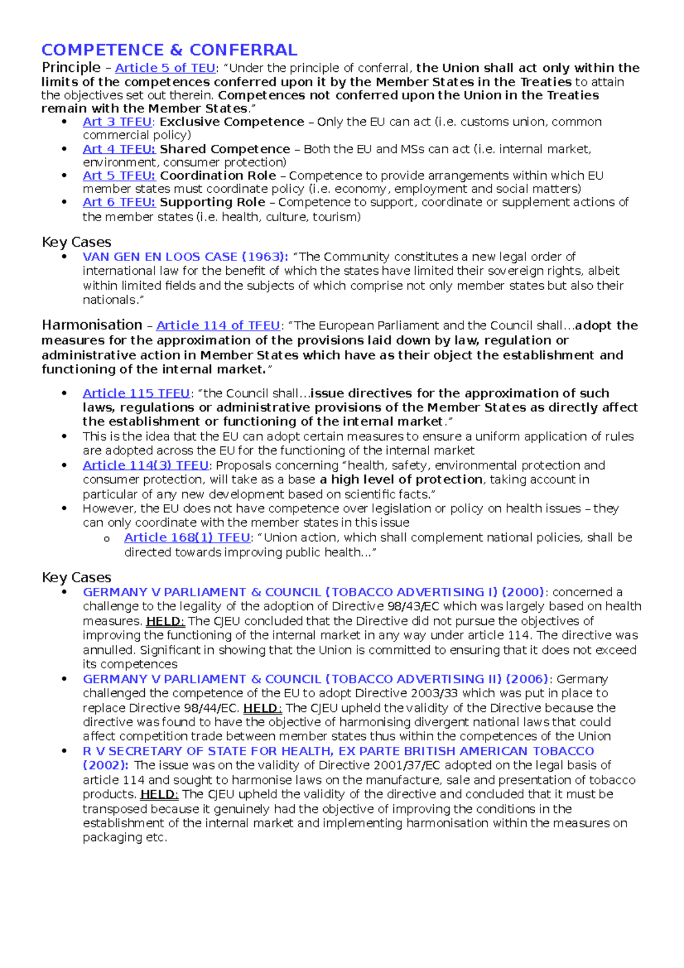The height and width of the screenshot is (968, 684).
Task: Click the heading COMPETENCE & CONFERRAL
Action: (169, 50)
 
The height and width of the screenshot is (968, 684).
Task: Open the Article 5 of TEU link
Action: (165, 68)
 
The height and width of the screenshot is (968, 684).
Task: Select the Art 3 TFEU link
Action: (117, 122)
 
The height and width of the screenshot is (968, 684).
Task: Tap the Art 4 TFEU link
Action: (119, 149)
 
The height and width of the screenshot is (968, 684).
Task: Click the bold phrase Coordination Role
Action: (218, 176)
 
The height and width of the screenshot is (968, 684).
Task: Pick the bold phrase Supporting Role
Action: (212, 202)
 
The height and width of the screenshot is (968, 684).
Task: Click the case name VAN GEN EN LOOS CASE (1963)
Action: (185, 257)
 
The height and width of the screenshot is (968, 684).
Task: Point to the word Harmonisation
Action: (92, 325)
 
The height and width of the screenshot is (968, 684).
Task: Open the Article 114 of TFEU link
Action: (218, 326)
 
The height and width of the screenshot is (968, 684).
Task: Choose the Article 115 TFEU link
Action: (136, 393)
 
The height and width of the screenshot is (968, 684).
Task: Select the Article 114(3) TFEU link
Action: (145, 465)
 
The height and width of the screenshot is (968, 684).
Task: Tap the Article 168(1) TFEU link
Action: (187, 538)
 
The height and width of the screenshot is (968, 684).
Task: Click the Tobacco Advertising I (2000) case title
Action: (313, 592)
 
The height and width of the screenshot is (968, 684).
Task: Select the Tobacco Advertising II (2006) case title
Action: (315, 679)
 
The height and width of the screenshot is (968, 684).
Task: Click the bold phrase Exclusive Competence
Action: (231, 122)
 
